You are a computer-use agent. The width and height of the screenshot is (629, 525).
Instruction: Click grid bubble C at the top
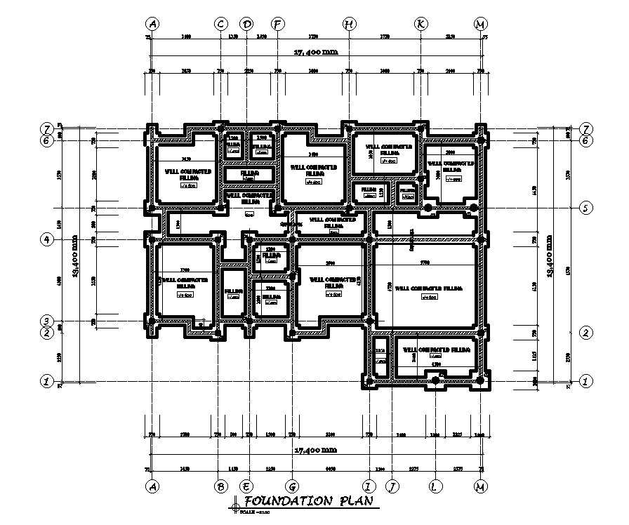click(220, 24)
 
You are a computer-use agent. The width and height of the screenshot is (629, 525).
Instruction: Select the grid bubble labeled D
click(246, 24)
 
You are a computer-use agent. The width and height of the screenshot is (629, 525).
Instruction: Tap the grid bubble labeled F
click(278, 24)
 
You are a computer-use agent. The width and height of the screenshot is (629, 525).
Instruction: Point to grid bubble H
click(349, 24)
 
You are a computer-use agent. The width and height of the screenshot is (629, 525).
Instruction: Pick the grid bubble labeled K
click(421, 24)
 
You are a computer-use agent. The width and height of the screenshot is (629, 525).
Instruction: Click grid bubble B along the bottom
click(220, 486)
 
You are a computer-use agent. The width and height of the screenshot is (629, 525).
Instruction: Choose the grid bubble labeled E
click(246, 486)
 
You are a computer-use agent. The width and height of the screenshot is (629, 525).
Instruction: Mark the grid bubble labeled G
click(291, 486)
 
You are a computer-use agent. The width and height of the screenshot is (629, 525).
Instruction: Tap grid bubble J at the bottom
click(392, 486)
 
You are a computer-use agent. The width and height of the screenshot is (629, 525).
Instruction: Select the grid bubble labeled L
click(436, 486)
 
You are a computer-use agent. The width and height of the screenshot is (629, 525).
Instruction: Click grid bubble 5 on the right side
click(585, 208)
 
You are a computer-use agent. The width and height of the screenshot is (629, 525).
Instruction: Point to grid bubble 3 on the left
click(46, 321)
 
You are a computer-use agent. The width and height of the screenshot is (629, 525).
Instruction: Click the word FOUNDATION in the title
click(288, 501)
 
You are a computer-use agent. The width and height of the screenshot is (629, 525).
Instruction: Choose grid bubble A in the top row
click(152, 24)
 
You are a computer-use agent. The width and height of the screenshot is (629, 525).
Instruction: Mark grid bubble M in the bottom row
click(479, 486)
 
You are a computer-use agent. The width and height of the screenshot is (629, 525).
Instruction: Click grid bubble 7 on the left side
click(46, 130)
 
